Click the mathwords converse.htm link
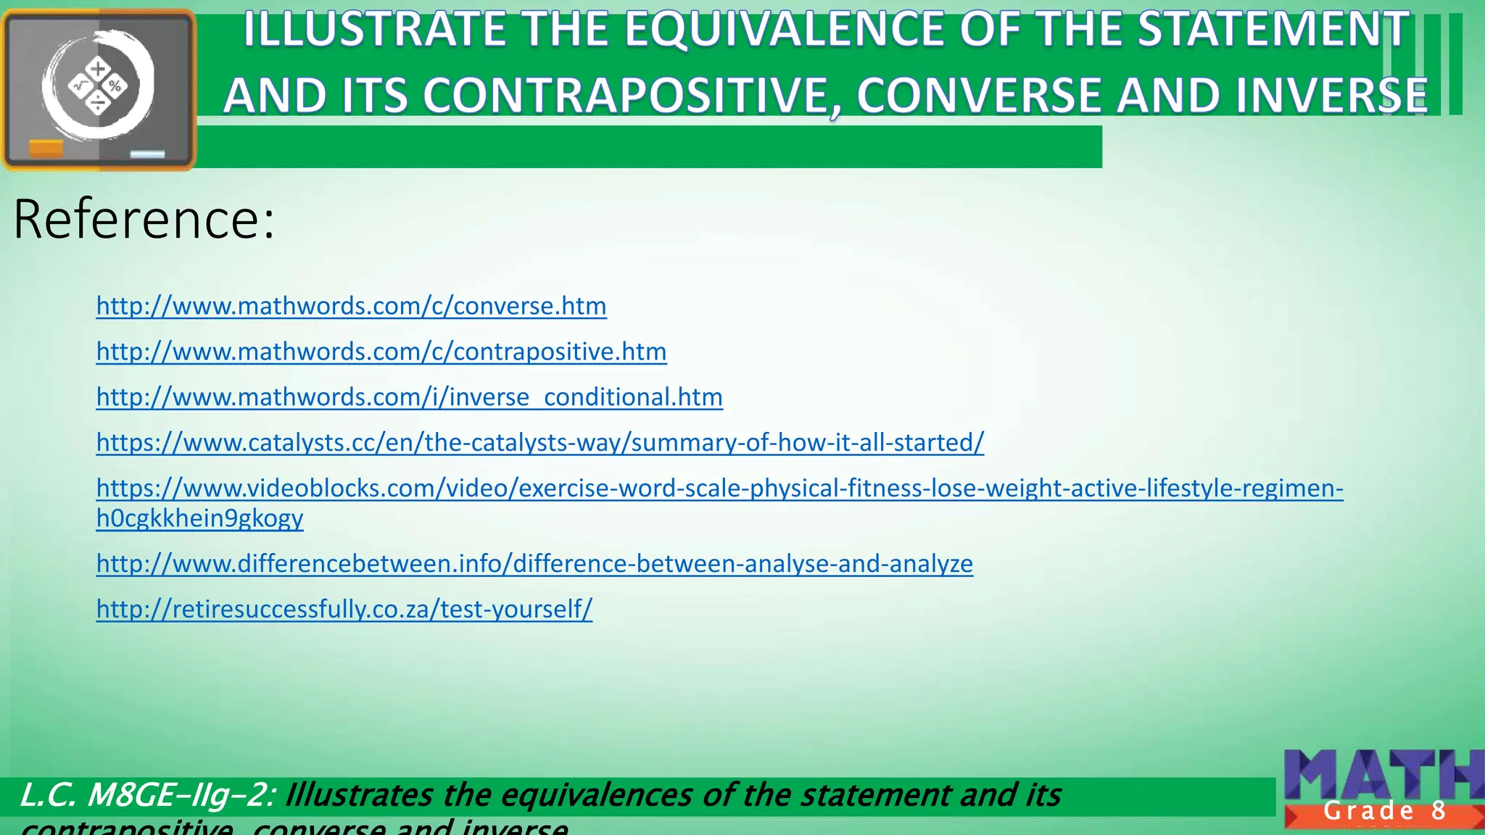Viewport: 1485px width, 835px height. pyautogui.click(x=351, y=306)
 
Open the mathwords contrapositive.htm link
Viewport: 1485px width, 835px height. pyautogui.click(x=381, y=352)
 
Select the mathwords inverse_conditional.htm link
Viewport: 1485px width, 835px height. pyautogui.click(x=410, y=397)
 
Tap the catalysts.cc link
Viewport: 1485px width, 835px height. pyautogui.click(x=540, y=442)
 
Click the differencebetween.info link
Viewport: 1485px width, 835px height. pyautogui.click(x=534, y=563)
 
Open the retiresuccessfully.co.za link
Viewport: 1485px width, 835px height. pyautogui.click(x=344, y=609)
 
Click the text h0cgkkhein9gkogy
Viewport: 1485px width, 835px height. pyautogui.click(x=199, y=518)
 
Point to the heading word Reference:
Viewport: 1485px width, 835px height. pyautogui.click(x=144, y=219)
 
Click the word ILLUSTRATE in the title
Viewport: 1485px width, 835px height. pyautogui.click(x=374, y=30)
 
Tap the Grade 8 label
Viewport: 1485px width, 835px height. pyautogui.click(x=1384, y=811)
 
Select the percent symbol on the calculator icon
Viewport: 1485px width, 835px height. pyautogui.click(x=115, y=87)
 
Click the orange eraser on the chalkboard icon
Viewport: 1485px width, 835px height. pyautogui.click(x=46, y=149)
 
